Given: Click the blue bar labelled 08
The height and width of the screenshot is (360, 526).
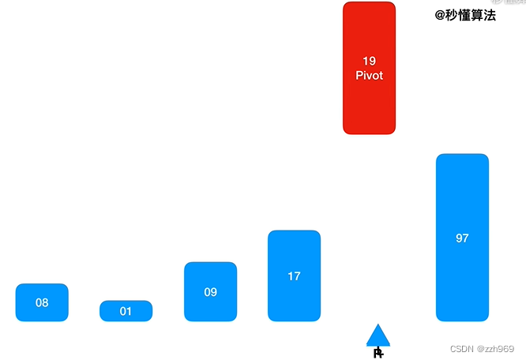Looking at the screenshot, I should tap(42, 302).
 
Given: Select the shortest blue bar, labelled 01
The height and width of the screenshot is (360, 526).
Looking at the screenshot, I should tap(126, 311).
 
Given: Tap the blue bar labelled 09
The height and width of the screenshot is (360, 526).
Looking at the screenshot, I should tap(210, 292).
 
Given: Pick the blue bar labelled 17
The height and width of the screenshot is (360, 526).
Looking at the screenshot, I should tap(294, 276).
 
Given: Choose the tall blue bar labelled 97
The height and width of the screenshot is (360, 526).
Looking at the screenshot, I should tap(462, 238).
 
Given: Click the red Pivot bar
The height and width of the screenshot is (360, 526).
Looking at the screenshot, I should tap(369, 68).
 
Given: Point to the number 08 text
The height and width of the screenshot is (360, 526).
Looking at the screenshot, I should tap(42, 302).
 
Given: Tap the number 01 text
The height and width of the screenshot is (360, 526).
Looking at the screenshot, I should tap(126, 311).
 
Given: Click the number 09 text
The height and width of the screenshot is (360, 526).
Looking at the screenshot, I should tap(210, 292).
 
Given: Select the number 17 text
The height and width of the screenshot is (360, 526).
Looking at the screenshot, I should tap(294, 276).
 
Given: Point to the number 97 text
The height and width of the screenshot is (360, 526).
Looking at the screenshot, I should tap(462, 238).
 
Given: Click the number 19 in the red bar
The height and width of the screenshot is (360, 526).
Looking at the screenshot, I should tap(369, 61).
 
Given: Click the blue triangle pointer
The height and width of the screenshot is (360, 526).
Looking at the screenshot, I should tap(378, 336).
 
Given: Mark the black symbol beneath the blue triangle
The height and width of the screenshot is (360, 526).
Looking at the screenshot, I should tap(378, 352).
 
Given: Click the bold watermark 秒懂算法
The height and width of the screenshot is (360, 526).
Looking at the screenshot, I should tap(472, 14).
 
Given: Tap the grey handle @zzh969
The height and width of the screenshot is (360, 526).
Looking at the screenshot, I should tap(496, 348).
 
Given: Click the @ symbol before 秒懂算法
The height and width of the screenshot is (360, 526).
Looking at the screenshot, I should tap(441, 14).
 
